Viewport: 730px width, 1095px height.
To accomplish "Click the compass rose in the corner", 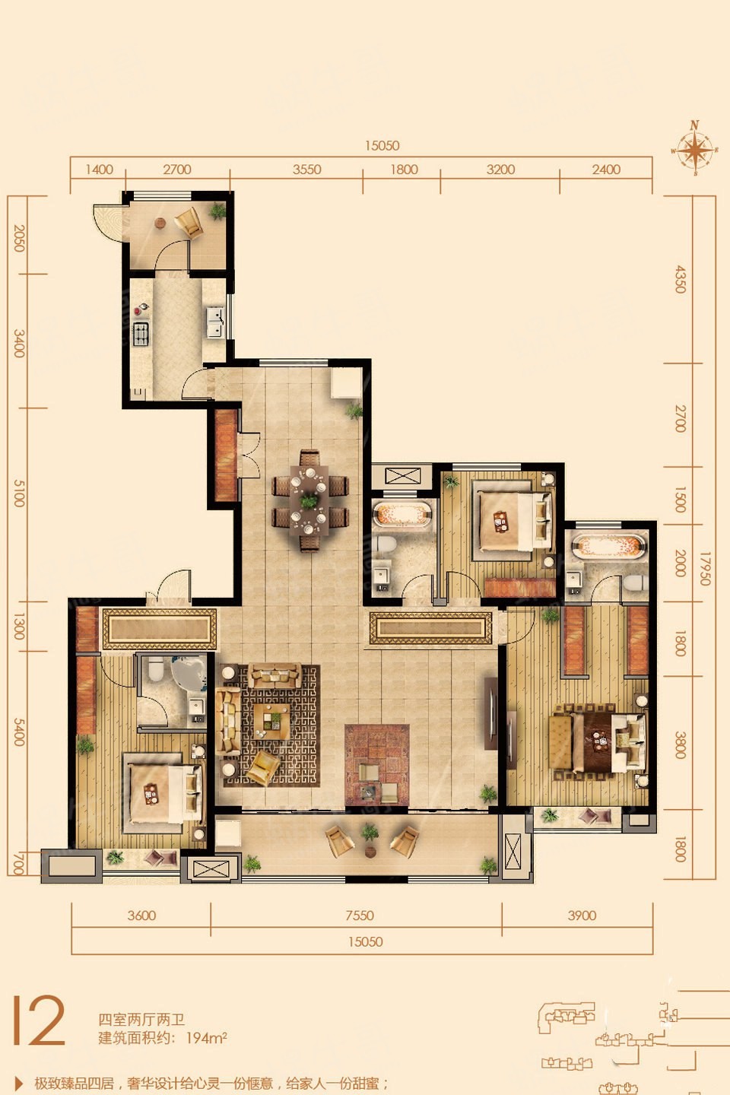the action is tap(695, 148).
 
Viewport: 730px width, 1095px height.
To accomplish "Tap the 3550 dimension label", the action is tap(306, 170).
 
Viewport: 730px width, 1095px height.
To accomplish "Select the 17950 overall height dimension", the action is tap(705, 569).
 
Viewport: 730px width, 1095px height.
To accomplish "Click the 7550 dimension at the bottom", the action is tap(360, 916).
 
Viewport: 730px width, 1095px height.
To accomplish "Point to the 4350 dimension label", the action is tap(680, 279).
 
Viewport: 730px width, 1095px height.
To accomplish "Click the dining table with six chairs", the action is tap(309, 502).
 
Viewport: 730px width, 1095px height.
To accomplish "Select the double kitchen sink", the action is tap(215, 322).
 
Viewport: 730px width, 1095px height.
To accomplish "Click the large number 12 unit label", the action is tap(39, 1020).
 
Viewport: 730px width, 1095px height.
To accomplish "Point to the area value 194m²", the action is tap(206, 1038).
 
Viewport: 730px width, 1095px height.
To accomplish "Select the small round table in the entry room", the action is tap(160, 224).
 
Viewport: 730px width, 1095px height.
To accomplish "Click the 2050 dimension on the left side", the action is tap(19, 238).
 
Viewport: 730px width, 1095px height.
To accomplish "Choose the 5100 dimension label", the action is tap(19, 493).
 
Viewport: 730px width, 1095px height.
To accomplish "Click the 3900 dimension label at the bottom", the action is tap(582, 916).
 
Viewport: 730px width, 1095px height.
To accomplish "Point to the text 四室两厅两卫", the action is tap(141, 1020).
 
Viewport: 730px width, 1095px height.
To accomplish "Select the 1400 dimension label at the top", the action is tap(100, 170).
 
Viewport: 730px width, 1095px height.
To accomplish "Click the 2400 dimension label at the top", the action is tap(606, 170).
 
